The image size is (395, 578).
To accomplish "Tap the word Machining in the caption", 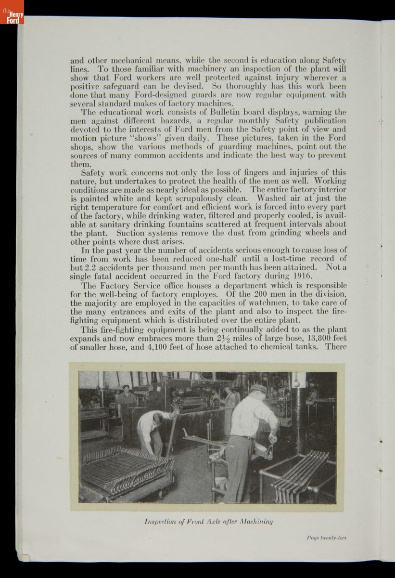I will pos(256,521).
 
